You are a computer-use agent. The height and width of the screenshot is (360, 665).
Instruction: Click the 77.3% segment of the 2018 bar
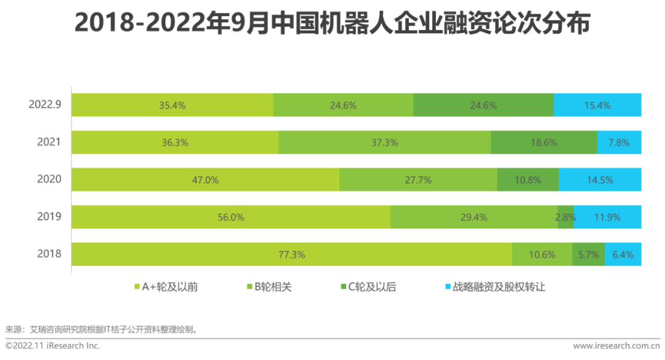291,254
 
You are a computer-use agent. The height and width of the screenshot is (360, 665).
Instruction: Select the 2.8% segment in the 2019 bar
565,217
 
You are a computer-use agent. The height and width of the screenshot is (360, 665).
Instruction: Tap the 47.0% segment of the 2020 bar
205,180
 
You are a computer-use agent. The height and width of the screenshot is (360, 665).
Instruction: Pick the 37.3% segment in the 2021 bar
384,142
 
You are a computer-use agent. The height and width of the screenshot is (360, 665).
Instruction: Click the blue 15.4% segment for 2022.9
597,105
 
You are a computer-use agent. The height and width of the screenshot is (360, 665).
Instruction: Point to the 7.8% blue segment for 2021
619,142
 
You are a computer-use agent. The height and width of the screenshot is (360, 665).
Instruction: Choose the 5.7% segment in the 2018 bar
588,254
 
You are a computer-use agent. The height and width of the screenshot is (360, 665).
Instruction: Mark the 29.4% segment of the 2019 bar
474,217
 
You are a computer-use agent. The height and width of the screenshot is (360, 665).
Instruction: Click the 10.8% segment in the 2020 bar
528,180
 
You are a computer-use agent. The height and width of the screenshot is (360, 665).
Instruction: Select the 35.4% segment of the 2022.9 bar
172,105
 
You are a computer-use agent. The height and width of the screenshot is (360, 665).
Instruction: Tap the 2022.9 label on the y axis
45,105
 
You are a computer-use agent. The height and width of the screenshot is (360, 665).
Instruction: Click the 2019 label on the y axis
49,217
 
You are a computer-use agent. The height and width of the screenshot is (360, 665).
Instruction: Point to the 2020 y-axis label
49,179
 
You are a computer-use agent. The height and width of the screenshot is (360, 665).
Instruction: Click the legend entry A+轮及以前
166,287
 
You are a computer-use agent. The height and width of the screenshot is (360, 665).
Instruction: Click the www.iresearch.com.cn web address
615,346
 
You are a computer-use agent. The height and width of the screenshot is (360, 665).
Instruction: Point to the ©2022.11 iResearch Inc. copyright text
53,346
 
